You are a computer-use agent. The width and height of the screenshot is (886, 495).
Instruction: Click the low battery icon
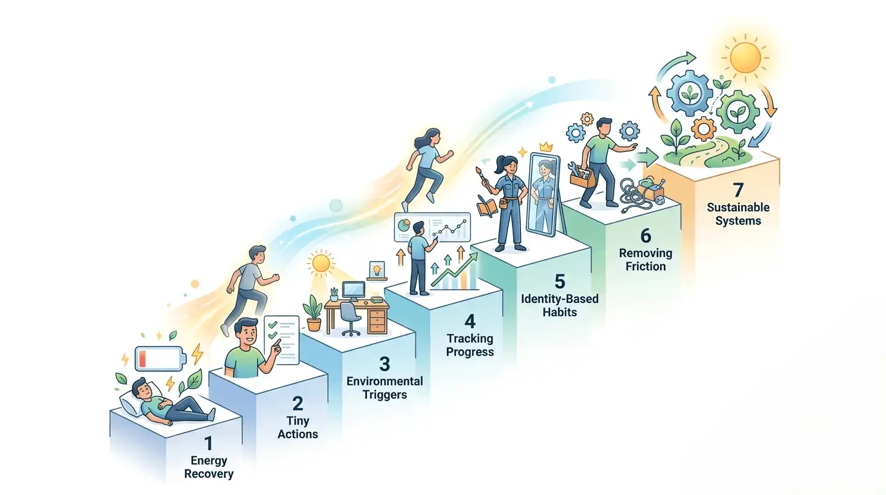(x=160, y=359)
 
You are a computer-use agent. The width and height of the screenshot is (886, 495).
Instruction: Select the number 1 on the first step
(x=208, y=443)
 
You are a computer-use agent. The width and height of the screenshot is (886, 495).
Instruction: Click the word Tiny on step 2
(x=298, y=421)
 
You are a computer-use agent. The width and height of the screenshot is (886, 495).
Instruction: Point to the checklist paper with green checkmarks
(x=281, y=340)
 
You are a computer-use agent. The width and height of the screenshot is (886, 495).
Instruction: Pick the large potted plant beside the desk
(x=313, y=313)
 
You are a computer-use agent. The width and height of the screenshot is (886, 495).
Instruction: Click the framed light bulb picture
(x=377, y=270)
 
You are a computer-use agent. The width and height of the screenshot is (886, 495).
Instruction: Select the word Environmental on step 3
(x=385, y=382)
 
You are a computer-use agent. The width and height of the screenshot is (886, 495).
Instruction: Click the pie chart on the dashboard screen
(x=404, y=225)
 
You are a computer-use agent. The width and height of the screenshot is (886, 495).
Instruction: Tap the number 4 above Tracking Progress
(x=470, y=321)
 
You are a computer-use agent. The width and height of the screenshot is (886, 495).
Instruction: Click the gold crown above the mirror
(x=546, y=147)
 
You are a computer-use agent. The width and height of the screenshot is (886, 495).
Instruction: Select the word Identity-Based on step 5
(x=560, y=298)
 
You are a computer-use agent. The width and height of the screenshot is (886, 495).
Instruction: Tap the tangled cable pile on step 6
(x=634, y=195)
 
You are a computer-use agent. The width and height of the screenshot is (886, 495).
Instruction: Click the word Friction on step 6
(x=646, y=266)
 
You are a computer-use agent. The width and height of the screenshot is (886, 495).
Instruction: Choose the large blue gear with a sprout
(x=690, y=93)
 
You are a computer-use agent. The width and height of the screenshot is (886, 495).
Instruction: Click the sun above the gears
(x=745, y=58)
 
